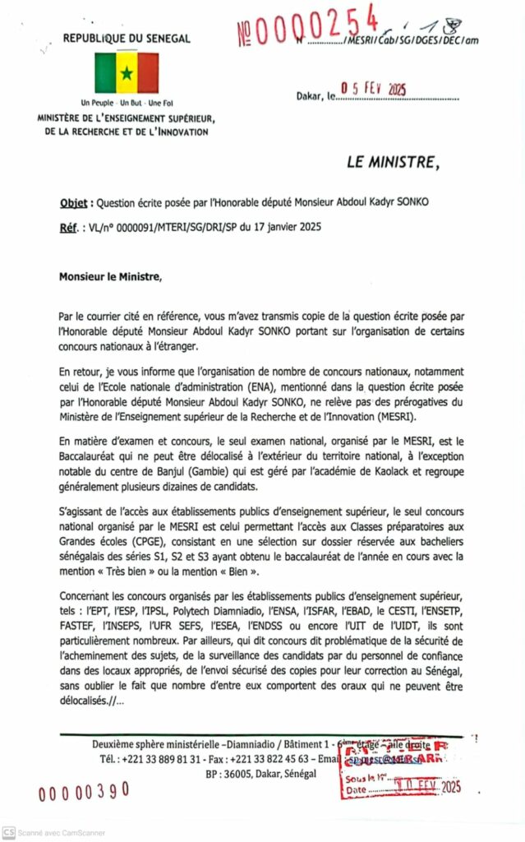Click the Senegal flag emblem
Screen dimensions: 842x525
pos(127,72)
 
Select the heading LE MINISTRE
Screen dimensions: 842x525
pos(392,162)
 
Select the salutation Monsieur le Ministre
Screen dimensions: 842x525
pos(111,277)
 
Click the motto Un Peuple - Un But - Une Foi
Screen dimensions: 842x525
pos(127,103)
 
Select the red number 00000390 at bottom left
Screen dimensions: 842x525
pos(84,791)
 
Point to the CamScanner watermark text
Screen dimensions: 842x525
pos(59,832)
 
